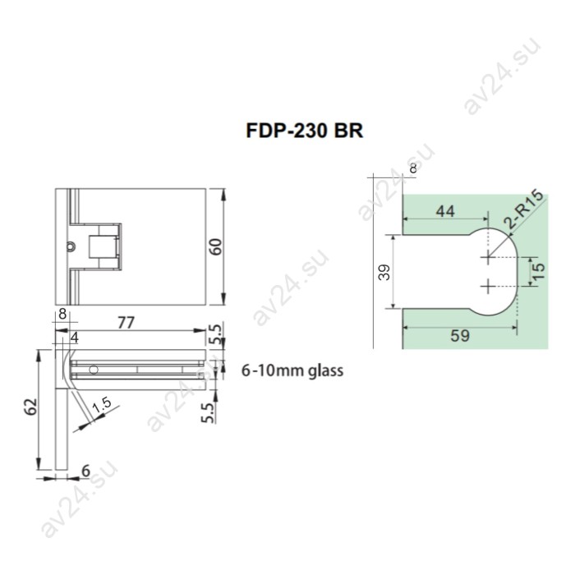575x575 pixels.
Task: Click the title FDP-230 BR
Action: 304,131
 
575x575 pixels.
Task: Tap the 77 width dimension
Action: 126,323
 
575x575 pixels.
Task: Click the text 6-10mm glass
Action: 292,370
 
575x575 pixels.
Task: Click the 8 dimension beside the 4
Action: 62,314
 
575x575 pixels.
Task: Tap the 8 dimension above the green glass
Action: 412,168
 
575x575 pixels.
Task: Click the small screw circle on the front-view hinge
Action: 71,246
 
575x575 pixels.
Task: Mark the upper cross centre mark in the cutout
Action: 488,257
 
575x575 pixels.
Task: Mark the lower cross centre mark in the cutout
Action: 488,286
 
